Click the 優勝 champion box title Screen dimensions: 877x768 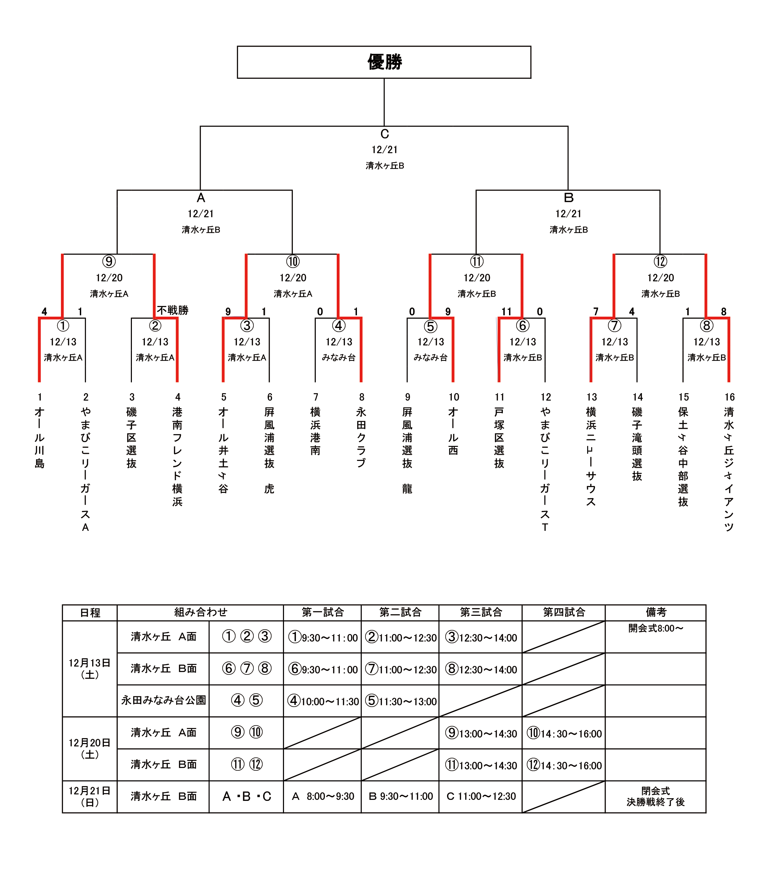(x=384, y=62)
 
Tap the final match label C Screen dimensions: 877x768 (x=384, y=134)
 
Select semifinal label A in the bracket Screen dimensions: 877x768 (x=201, y=198)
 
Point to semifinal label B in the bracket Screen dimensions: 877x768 (x=568, y=198)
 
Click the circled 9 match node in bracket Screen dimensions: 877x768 (x=109, y=261)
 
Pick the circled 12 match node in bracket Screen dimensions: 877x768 (x=660, y=261)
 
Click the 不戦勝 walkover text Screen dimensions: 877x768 (x=173, y=310)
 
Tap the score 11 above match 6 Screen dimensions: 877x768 (x=507, y=312)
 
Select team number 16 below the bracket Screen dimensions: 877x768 (x=729, y=397)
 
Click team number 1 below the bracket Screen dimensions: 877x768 (x=39, y=397)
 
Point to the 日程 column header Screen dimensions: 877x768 (x=90, y=612)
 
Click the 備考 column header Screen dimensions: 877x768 (x=655, y=612)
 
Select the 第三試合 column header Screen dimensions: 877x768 (x=481, y=612)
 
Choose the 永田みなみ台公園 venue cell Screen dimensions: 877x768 (x=163, y=700)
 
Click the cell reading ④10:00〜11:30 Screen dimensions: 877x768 (x=323, y=701)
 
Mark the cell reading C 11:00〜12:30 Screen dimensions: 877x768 (x=481, y=796)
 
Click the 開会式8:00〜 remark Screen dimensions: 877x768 (x=655, y=629)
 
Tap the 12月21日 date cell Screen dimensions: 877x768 (x=90, y=796)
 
